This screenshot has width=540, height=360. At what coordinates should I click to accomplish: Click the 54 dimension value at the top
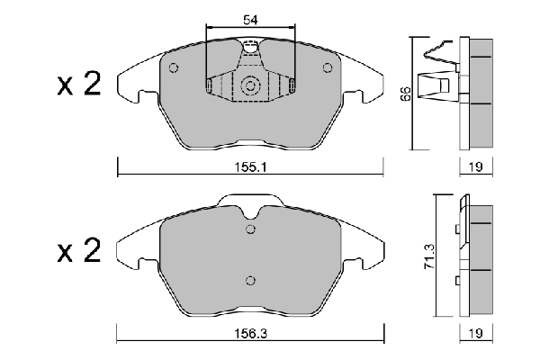pos(250,20)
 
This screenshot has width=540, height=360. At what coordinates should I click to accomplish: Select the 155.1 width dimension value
pos(251,167)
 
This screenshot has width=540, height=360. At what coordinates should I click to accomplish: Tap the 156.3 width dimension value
pos(251,334)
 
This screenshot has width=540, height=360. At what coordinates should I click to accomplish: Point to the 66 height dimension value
pos(407,94)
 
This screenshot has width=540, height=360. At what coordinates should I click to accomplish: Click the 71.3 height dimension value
pos(430,256)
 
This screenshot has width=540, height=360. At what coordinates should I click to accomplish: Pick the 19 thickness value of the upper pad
pos(476,167)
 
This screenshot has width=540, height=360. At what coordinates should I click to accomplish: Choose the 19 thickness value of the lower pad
pos(476,333)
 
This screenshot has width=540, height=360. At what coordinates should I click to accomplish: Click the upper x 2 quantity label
pos(79,84)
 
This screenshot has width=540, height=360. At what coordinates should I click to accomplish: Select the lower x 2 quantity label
pos(79,251)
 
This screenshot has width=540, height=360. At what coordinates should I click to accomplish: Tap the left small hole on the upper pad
pos(174,67)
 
